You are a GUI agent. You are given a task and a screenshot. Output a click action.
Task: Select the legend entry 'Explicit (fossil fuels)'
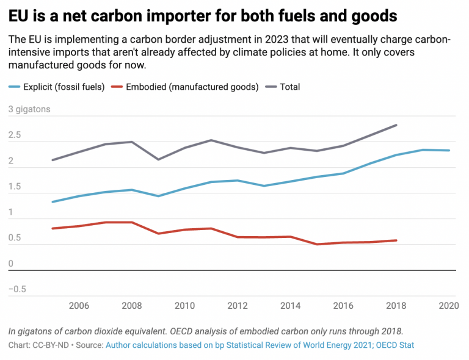tap(65, 87)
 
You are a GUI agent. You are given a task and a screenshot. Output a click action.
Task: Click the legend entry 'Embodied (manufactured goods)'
tap(192, 87)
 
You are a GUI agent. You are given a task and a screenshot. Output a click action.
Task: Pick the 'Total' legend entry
tap(289, 87)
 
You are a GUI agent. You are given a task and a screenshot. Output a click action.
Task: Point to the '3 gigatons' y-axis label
tap(29, 110)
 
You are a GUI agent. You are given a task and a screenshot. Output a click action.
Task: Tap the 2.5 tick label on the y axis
tap(15, 135)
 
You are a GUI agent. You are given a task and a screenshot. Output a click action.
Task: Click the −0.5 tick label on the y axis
tap(17, 289)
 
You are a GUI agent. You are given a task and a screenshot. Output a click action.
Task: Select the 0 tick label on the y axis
tap(11, 264)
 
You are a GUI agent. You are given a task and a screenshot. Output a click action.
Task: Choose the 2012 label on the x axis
tap(238, 305)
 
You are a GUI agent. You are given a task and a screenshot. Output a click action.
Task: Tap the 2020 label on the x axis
tap(449, 305)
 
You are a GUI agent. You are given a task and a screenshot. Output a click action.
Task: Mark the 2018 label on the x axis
tap(396, 305)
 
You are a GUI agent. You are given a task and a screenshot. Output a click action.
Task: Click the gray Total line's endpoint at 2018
tap(397, 125)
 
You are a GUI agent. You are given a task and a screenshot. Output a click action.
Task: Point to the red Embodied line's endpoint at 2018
tap(397, 240)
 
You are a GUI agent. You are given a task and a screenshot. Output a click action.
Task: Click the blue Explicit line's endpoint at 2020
tap(450, 151)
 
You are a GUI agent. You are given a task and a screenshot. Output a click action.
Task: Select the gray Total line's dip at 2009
tap(159, 160)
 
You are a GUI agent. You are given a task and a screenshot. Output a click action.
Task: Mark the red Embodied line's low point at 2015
tap(317, 244)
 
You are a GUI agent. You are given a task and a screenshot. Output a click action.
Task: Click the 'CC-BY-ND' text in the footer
tap(51, 345)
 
